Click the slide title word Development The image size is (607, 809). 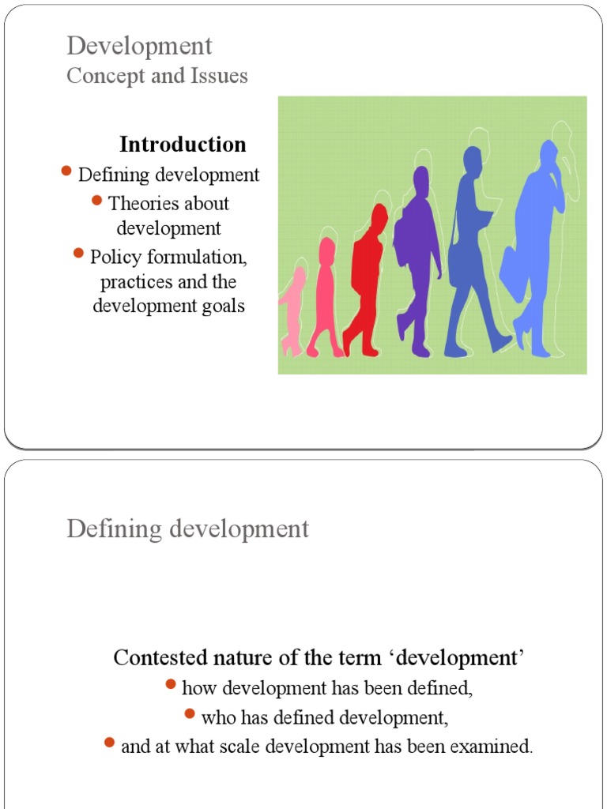(x=139, y=46)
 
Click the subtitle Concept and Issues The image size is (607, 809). (x=157, y=76)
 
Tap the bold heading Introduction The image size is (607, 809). (x=183, y=145)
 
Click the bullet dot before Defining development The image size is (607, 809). (x=66, y=171)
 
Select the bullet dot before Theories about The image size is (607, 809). (x=96, y=200)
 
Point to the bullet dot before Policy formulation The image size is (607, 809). (x=78, y=253)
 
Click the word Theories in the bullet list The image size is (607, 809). (x=137, y=203)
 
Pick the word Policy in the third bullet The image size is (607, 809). (x=111, y=257)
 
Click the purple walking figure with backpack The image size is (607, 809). (x=417, y=253)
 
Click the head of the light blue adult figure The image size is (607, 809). (x=548, y=152)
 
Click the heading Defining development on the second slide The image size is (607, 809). (x=187, y=529)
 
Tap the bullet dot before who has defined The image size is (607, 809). (x=190, y=713)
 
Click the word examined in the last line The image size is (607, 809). (x=500, y=746)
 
